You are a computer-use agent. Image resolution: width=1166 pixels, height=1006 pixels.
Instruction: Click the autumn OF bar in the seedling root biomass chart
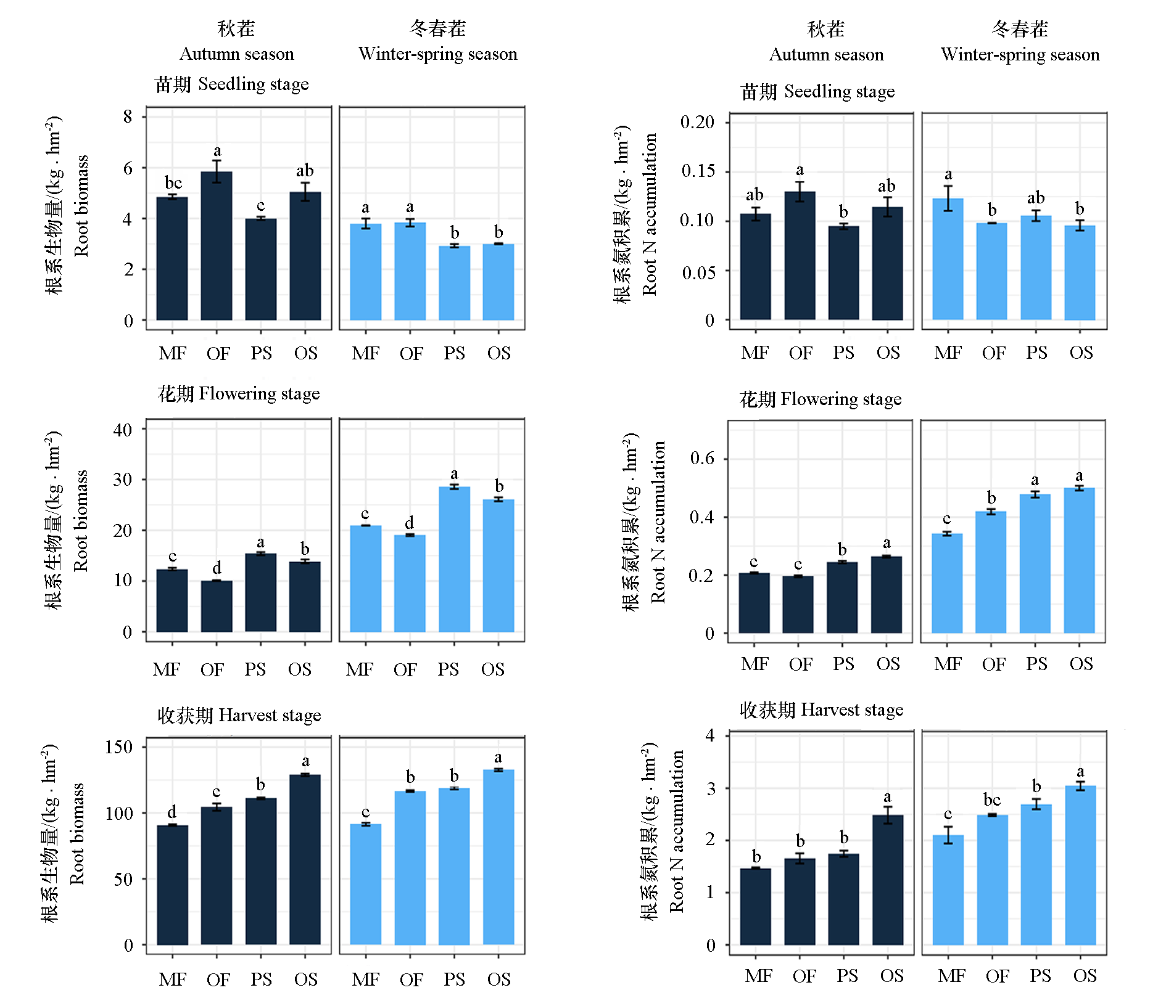point(217,246)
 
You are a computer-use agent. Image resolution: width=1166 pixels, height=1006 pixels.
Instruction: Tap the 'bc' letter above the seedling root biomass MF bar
point(173,183)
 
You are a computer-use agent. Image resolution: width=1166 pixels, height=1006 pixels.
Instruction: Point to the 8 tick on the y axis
point(128,117)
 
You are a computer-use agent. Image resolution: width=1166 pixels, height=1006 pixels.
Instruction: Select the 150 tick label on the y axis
point(118,747)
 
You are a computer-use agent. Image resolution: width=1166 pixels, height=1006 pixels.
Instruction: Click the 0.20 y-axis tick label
point(697,122)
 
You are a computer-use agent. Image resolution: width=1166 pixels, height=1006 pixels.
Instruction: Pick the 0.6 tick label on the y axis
point(702,458)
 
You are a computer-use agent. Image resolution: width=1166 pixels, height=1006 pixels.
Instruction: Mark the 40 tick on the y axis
point(123,430)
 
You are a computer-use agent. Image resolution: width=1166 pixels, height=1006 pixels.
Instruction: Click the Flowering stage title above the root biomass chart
point(239,394)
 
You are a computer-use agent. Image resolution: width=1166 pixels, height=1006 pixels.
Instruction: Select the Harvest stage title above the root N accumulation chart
point(821,710)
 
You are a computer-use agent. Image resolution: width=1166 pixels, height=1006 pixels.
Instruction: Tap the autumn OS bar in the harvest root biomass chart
point(305,859)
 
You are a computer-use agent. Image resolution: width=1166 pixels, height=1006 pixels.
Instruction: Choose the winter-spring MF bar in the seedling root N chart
point(948,259)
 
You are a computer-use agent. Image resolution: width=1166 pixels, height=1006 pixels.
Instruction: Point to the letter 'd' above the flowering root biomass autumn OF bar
point(217,567)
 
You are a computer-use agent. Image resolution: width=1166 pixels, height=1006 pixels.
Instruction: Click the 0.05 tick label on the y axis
point(698,272)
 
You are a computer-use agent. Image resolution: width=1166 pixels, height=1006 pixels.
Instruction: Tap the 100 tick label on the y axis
point(118,814)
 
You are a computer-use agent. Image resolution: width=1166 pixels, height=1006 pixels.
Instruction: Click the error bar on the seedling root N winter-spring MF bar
point(948,198)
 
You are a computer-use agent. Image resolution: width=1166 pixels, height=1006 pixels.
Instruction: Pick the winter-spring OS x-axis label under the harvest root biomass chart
point(498,979)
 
